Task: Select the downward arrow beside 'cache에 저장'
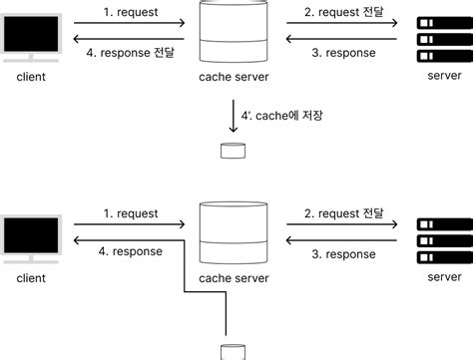click(x=233, y=117)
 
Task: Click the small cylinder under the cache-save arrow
click(x=233, y=152)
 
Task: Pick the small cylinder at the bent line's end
click(x=233, y=350)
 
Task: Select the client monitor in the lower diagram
click(x=33, y=236)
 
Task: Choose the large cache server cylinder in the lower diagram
click(x=233, y=232)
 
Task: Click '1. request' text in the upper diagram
click(x=132, y=13)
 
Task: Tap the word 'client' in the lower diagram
click(x=33, y=276)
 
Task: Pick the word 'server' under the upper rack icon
click(x=443, y=77)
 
